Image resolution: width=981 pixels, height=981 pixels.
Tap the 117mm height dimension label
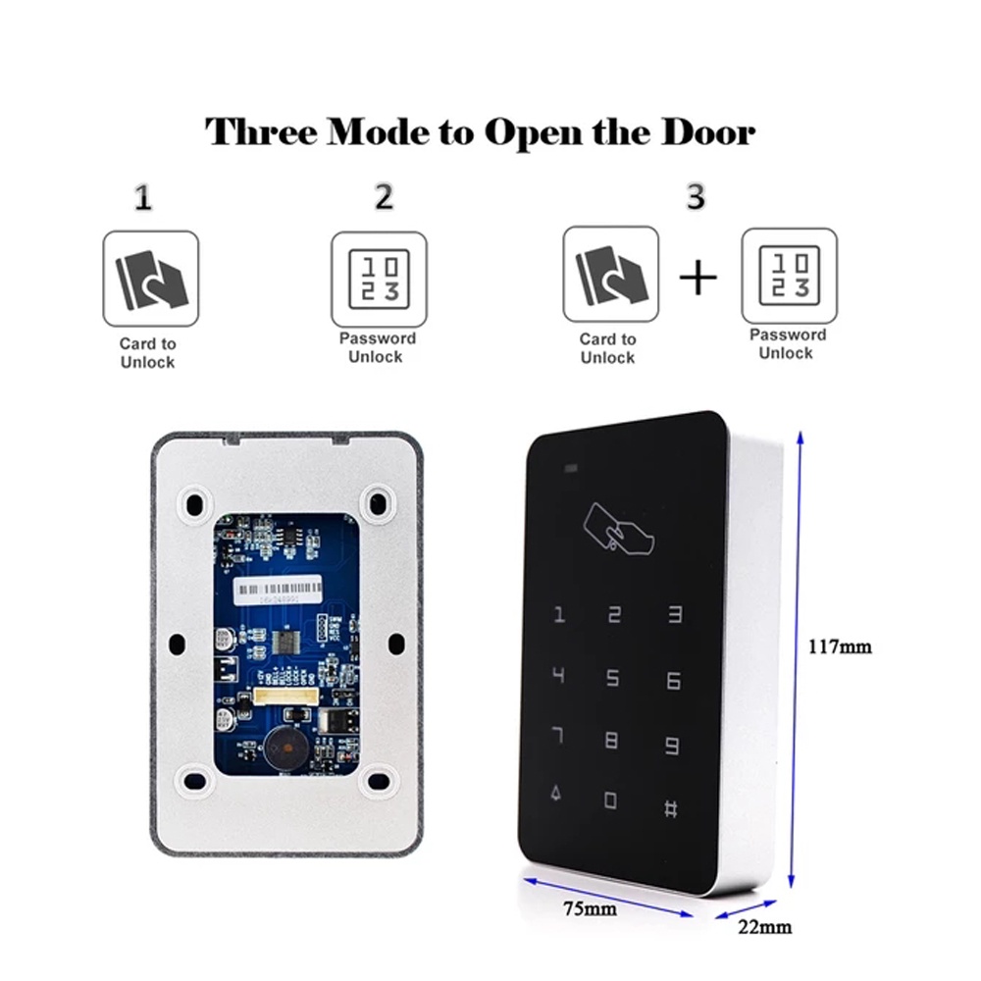(840, 646)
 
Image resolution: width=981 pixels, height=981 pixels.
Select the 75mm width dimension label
(590, 908)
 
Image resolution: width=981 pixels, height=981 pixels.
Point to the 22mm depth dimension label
(765, 926)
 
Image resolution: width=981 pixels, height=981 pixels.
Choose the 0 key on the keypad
(611, 801)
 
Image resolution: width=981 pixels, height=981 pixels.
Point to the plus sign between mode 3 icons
(698, 278)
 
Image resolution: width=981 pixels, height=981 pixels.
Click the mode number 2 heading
(384, 197)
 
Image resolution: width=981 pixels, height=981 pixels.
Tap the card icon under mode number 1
(151, 279)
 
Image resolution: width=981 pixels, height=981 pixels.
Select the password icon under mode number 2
(379, 279)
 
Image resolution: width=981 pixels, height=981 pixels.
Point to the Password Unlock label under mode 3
(787, 343)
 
